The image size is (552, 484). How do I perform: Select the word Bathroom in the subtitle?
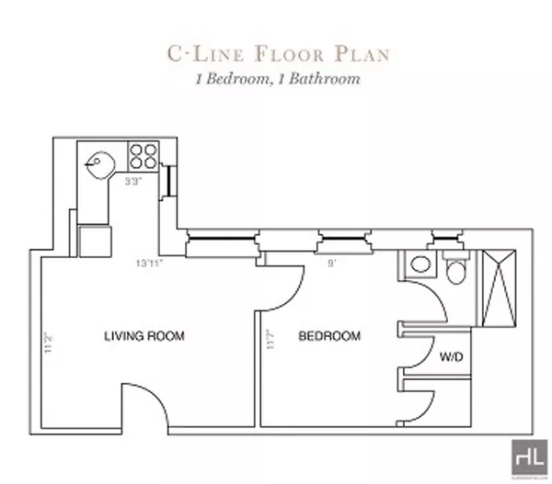point(325,79)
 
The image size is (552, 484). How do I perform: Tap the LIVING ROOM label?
point(144,336)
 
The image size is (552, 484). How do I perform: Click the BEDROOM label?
point(329,335)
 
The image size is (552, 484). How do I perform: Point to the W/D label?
point(451,355)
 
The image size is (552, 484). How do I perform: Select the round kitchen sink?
point(98,165)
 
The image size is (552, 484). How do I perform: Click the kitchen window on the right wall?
point(169,181)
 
